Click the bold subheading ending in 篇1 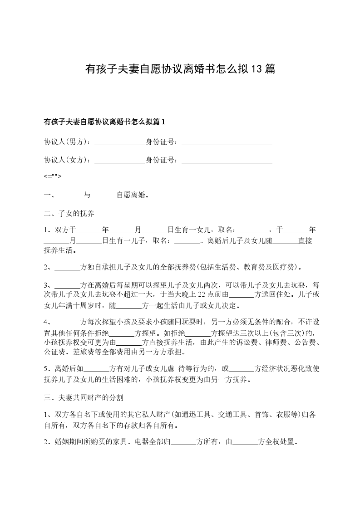click(105, 122)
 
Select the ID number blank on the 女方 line click(227, 160)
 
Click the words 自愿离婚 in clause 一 click(132, 196)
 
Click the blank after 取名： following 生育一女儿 click(254, 230)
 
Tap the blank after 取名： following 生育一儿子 click(187, 241)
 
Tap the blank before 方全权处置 click(245, 442)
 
